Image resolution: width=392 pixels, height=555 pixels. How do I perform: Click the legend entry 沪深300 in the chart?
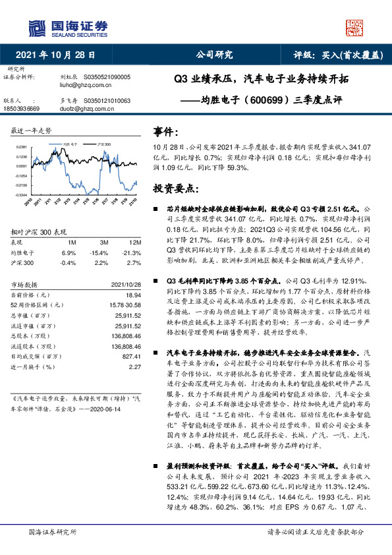click(103, 142)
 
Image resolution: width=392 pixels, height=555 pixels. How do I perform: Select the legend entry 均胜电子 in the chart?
click(70, 142)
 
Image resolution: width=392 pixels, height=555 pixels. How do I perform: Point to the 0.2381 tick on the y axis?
click(22, 147)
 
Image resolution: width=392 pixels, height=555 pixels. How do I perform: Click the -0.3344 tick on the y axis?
click(22, 195)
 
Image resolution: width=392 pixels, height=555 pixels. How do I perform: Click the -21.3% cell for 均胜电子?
click(132, 252)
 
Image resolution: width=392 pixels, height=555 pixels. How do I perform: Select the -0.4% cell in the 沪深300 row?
click(69, 262)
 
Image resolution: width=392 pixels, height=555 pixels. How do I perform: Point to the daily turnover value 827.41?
click(132, 355)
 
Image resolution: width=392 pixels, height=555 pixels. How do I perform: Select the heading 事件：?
click(165, 132)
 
